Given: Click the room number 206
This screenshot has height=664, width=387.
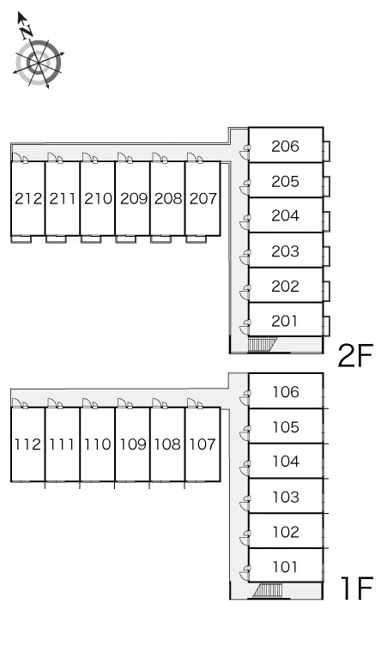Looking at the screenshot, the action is [285, 146].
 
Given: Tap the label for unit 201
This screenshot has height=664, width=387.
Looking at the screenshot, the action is [285, 321].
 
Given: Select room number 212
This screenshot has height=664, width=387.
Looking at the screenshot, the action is [28, 198].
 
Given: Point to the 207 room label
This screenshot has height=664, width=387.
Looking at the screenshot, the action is [203, 198].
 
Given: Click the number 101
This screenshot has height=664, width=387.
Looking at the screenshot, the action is [285, 566].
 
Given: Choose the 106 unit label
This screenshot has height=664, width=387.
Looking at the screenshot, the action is [286, 392].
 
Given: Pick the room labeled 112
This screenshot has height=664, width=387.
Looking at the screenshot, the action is [27, 444].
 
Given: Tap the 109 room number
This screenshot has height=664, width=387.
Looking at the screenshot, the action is [133, 444].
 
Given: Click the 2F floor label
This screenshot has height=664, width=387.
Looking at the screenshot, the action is [355, 355].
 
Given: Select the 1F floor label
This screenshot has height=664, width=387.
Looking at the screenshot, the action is [356, 589].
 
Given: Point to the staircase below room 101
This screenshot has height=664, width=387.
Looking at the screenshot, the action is [268, 590].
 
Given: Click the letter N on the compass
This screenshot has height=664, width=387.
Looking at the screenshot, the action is [27, 30].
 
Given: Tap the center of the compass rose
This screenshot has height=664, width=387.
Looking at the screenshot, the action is [39, 63].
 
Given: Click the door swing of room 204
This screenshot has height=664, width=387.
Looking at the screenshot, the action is [245, 221].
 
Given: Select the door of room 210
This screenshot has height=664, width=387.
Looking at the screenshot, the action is [90, 158].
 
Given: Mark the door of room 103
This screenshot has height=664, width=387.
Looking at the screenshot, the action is [245, 503].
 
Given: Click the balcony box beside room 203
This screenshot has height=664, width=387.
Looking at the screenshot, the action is [326, 257].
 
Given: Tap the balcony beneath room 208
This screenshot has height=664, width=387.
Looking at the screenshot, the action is [161, 239].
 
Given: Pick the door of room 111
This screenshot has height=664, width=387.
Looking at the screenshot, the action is [55, 403].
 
